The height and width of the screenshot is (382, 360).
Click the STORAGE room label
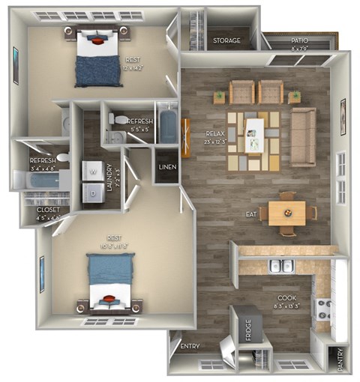tap(226, 40)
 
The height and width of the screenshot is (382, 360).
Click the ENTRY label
tap(190, 346)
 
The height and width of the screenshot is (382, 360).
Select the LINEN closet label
tap(167, 166)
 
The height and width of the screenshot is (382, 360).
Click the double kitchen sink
tap(282, 266)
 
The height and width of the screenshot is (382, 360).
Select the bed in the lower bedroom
tap(111, 281)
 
